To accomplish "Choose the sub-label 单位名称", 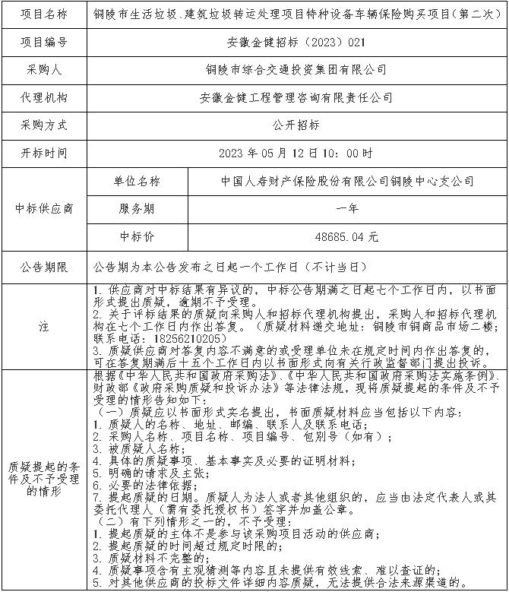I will pyautogui.click(x=138, y=182).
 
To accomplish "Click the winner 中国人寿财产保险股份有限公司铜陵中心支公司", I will pyautogui.click(x=347, y=182).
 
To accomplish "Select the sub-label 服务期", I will pyautogui.click(x=138, y=209).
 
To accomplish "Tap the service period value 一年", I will pyautogui.click(x=347, y=209).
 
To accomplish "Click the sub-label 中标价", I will pyautogui.click(x=138, y=236).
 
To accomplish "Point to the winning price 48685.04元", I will pyautogui.click(x=347, y=236).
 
